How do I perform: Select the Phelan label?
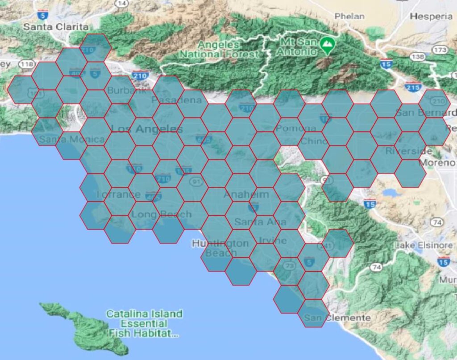349,17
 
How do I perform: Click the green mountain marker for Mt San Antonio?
328,45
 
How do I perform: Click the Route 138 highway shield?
418,57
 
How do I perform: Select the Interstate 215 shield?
413,87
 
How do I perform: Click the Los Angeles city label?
147,129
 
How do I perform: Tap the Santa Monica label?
71,139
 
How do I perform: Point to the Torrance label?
117,194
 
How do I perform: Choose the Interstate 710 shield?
163,179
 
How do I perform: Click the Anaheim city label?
246,194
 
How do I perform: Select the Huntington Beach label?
220,248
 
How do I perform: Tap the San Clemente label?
337,318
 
